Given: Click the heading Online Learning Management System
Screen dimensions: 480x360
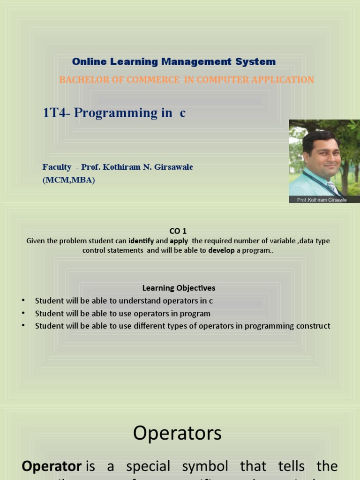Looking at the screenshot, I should (x=173, y=62).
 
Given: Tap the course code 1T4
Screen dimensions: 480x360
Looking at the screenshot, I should (x=54, y=113).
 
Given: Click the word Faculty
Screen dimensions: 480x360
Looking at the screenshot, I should (x=57, y=167).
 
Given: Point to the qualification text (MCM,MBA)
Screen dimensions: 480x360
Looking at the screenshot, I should (x=68, y=180).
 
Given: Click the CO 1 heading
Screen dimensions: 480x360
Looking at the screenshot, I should (x=178, y=231).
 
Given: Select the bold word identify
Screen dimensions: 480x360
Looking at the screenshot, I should (x=141, y=241).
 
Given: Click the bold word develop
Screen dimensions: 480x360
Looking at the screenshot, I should (x=221, y=250).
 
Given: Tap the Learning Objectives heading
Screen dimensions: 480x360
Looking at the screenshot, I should (x=179, y=288).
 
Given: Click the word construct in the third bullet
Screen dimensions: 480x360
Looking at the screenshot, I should (x=314, y=326).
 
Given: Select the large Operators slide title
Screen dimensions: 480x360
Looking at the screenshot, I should (x=177, y=433).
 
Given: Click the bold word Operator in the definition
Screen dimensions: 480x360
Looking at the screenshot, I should (x=52, y=466).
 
